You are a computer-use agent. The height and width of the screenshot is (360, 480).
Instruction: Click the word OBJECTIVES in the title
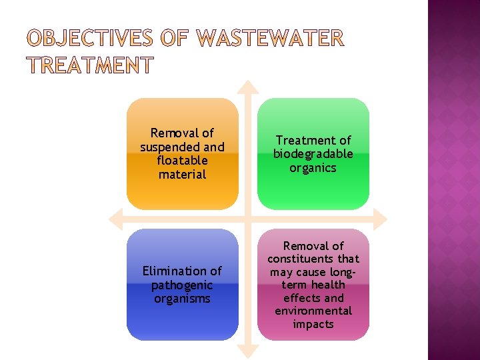(90, 39)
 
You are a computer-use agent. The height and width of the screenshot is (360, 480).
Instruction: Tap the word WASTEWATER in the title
(271, 39)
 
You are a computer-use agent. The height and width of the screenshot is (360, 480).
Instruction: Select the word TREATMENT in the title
(90, 66)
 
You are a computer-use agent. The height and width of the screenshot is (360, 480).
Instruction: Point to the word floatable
(182, 161)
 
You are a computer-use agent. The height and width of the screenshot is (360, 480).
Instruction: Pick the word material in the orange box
(182, 175)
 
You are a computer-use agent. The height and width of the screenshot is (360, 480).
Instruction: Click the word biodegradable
(313, 154)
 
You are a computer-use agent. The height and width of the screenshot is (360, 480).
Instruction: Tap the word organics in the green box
(313, 168)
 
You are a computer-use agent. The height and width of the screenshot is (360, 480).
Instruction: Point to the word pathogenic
(182, 285)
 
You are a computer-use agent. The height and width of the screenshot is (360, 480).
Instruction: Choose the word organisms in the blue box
(182, 299)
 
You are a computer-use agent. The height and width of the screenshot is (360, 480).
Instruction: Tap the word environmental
(313, 311)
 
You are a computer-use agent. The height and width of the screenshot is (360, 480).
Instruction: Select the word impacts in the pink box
(313, 324)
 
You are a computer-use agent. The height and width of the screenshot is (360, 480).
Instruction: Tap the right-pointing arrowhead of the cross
(380, 219)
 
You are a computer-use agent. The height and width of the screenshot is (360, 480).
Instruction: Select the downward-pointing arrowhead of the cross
(248, 351)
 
